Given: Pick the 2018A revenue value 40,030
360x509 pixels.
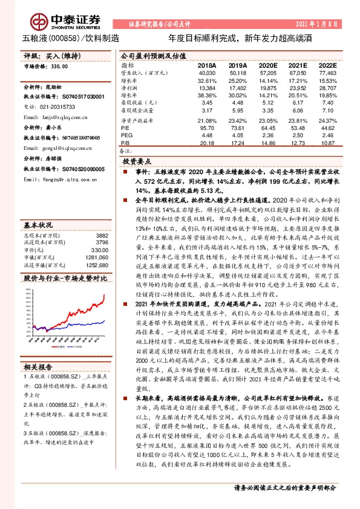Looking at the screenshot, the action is (x=208, y=72).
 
